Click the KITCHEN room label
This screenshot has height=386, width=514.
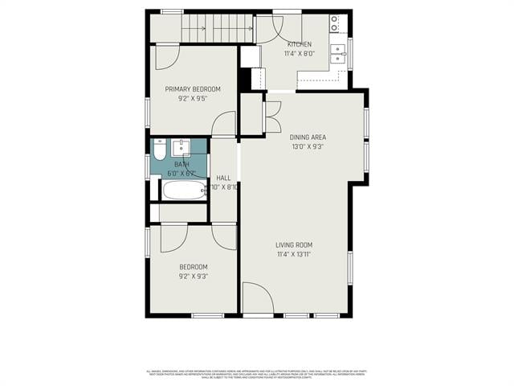[x=300, y=44]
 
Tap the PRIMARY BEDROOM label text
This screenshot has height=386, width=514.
[x=193, y=89]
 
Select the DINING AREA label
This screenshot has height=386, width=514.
[x=308, y=138]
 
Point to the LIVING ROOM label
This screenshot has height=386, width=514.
[x=294, y=245]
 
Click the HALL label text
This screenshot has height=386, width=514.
[x=223, y=178]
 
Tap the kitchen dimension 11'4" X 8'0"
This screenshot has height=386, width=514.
[x=300, y=54]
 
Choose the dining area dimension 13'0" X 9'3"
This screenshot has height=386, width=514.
[x=308, y=147]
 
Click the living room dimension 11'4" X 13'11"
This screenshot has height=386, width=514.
[x=294, y=255]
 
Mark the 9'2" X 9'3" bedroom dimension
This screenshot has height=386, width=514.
[x=193, y=277]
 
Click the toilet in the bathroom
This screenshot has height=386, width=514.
[x=159, y=150]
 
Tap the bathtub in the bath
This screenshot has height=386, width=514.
[x=184, y=190]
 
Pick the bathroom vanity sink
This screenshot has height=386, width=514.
[x=182, y=148]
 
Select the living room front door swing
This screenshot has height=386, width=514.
[x=257, y=298]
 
